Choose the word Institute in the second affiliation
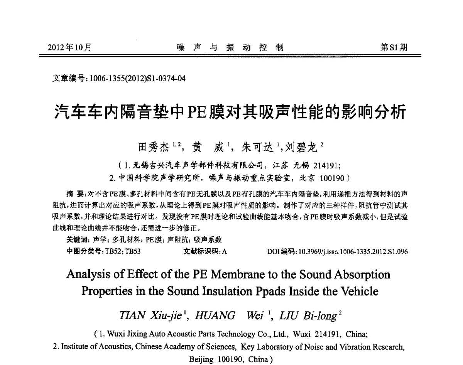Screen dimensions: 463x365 point(74,347)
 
